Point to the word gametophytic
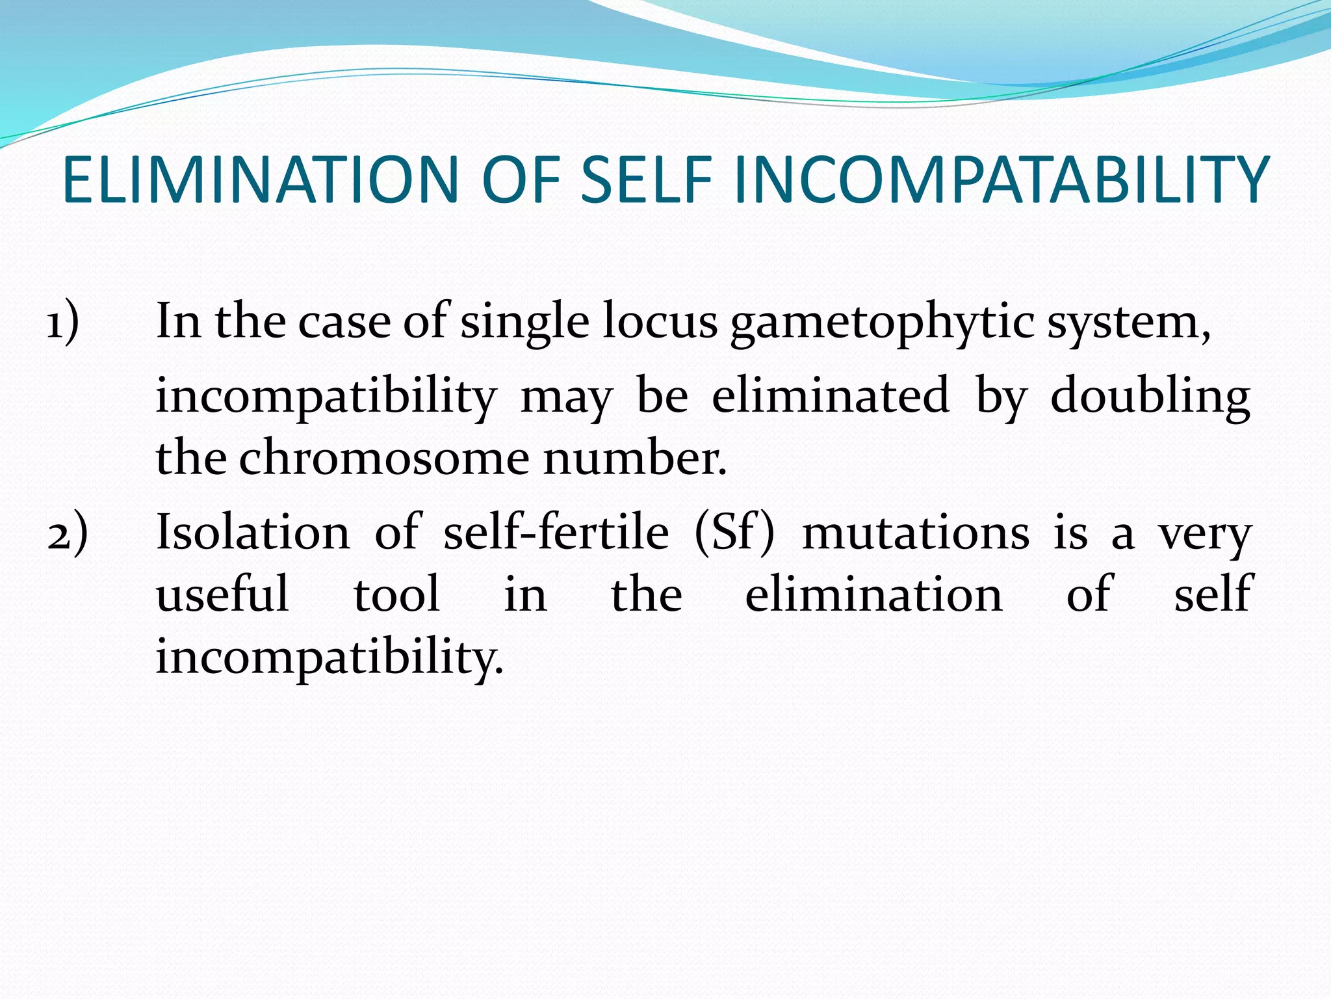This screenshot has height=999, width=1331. point(882,324)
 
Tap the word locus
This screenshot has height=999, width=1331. point(659,323)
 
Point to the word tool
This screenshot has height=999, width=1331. point(396,594)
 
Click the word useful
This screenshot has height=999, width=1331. point(222,594)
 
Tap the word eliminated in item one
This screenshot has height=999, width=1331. point(830,396)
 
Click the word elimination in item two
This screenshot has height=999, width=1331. point(873,594)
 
